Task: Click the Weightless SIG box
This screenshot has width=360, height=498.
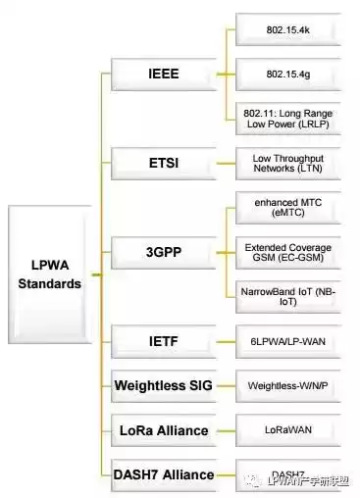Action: pyautogui.click(x=163, y=384)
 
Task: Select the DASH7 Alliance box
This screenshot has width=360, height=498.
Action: pyautogui.click(x=163, y=474)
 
